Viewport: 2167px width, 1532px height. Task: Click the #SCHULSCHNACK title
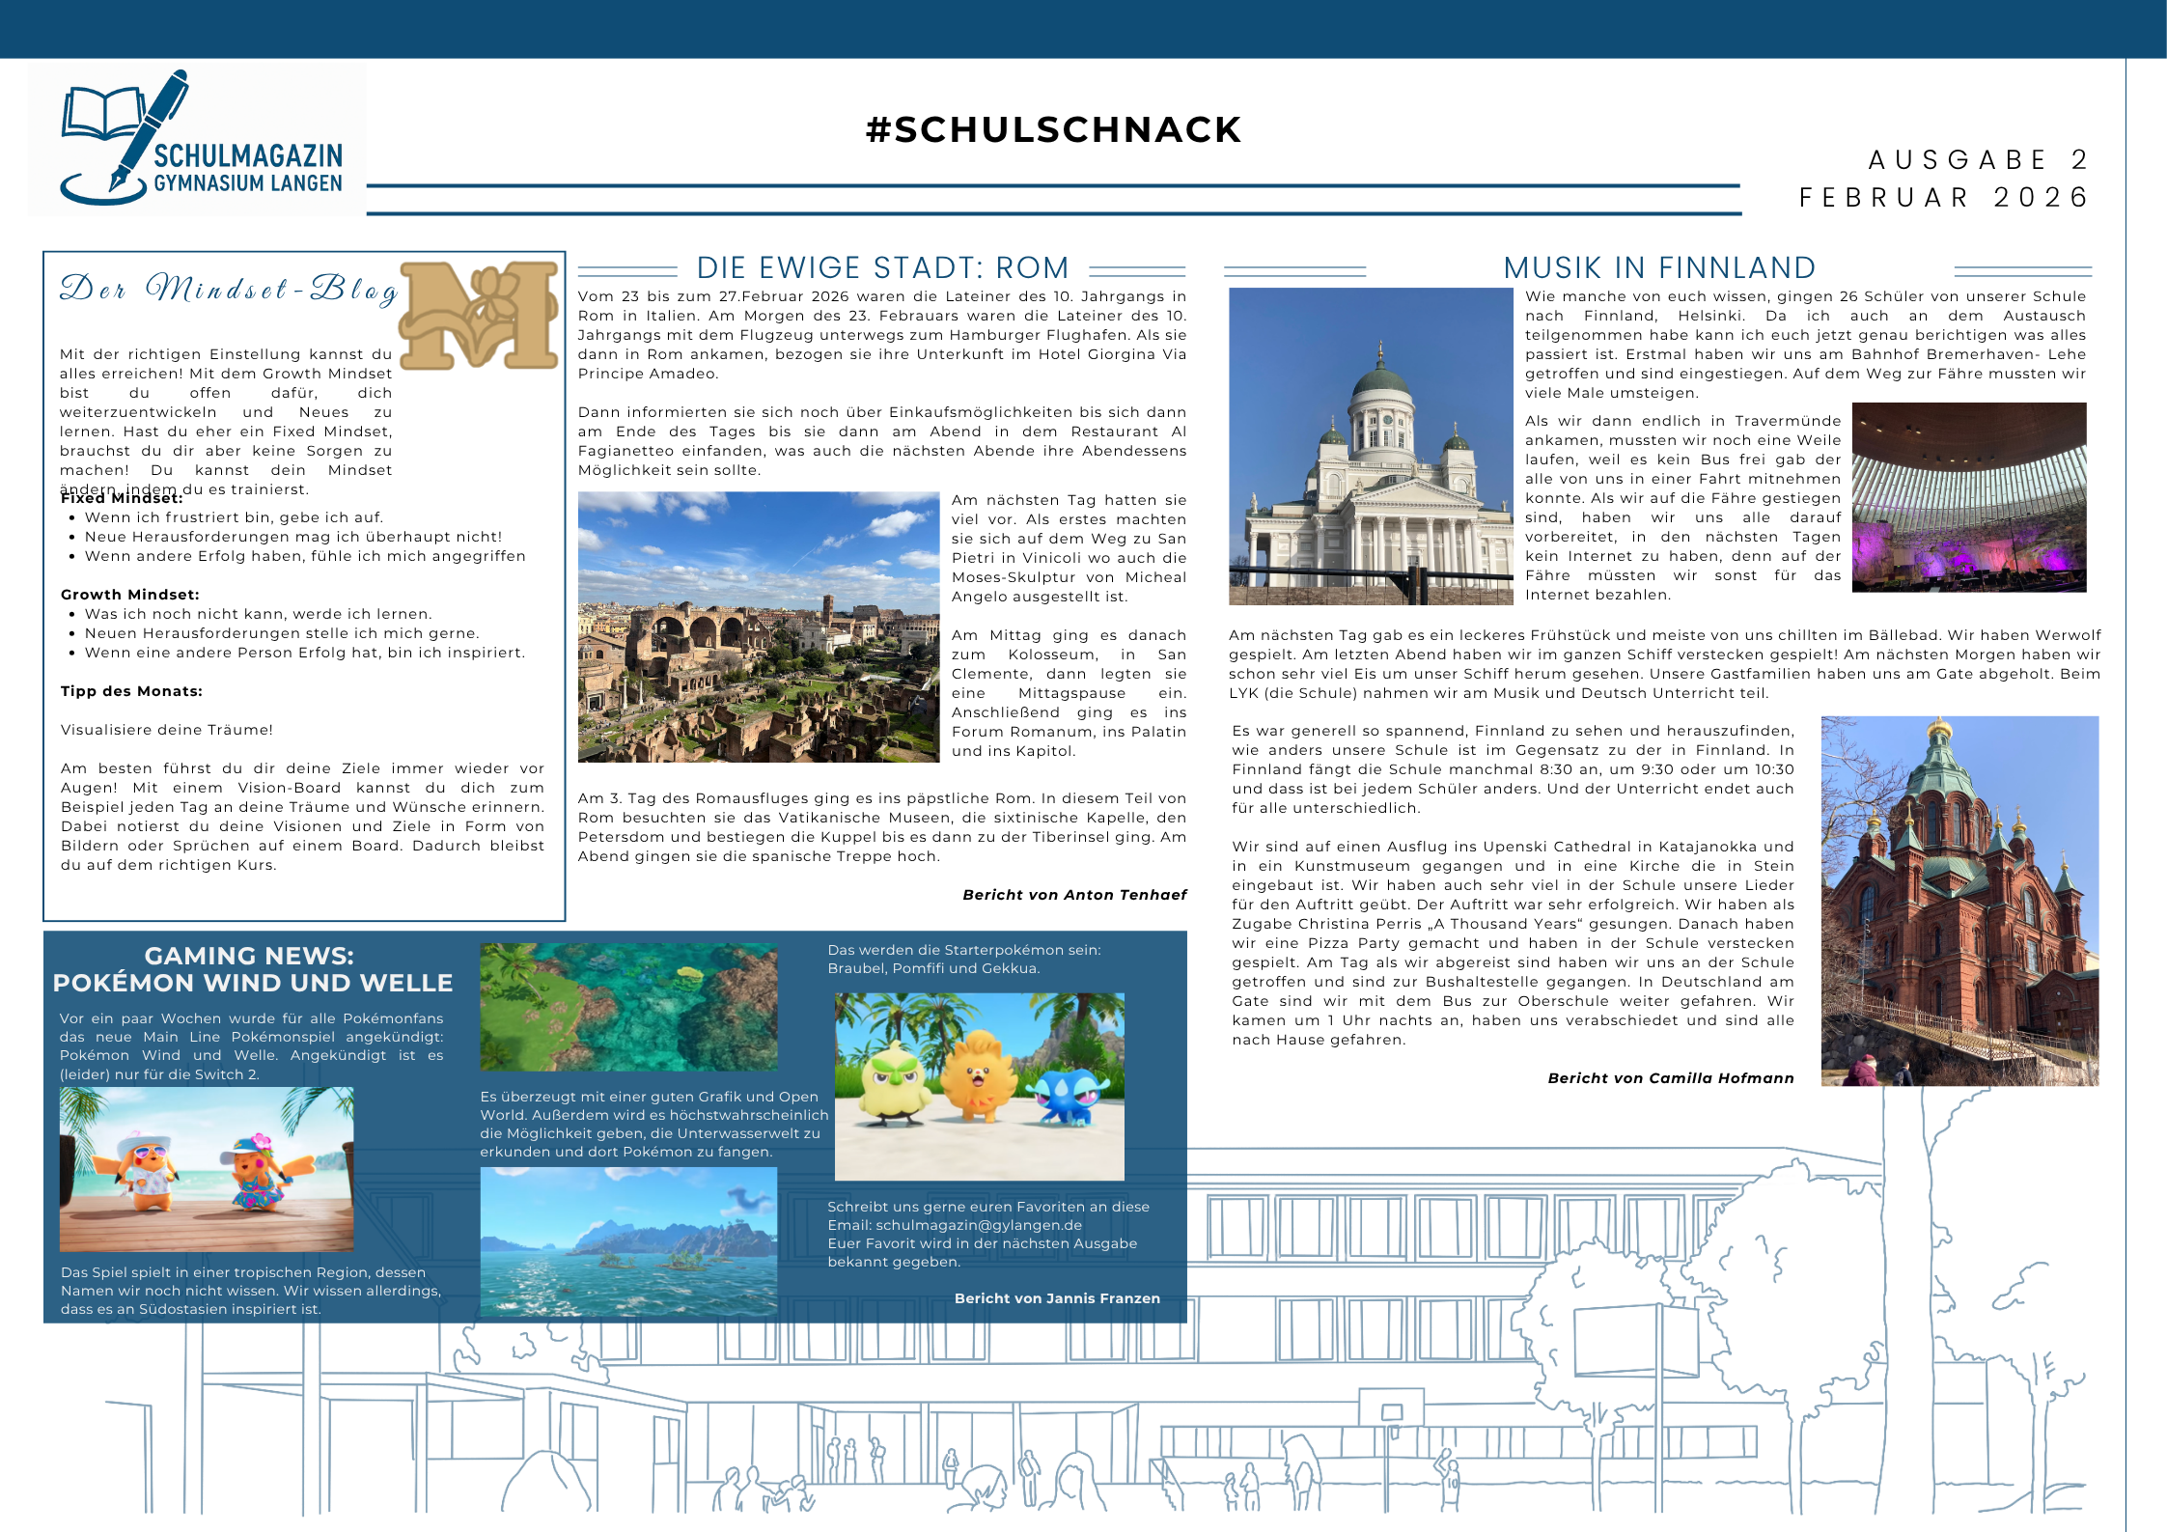tap(1053, 129)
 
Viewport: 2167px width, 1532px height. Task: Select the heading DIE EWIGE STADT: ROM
tap(882, 267)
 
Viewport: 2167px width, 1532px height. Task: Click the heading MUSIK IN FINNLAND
tap(1659, 267)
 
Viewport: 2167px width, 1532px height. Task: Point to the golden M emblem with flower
tap(480, 315)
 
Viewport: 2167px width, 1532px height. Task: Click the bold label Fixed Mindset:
tap(122, 499)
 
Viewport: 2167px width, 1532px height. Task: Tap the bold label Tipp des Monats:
tap(131, 691)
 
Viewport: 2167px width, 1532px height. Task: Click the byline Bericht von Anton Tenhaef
tap(1074, 895)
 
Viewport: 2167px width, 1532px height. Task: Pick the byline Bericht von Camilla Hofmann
tap(1671, 1078)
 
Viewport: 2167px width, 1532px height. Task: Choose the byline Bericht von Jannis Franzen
tap(1057, 1298)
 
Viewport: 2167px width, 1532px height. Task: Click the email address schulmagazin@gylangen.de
tap(979, 1225)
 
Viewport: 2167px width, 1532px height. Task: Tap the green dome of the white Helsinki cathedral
tap(1381, 381)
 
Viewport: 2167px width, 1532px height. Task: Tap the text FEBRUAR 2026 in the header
tap(1943, 198)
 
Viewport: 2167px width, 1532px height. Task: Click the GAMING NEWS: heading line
tap(249, 956)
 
